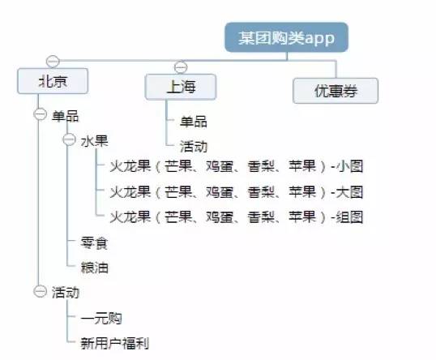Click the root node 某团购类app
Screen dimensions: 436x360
coord(286,37)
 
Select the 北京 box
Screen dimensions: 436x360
coord(53,81)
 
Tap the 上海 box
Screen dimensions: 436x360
coord(181,87)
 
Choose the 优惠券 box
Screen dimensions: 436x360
coord(336,91)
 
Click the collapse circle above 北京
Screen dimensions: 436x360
coord(53,61)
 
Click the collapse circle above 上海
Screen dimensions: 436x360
coord(181,67)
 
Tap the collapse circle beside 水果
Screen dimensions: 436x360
coord(69,139)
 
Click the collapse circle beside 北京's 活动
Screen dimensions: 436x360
coord(41,291)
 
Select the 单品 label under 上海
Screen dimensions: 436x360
coord(194,122)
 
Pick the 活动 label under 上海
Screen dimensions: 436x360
coord(194,146)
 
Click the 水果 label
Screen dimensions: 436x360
coord(94,141)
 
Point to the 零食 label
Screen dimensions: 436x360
coord(94,243)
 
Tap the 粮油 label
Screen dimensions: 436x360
coord(94,268)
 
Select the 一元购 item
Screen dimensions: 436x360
coord(101,319)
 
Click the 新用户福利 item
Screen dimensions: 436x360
coord(115,343)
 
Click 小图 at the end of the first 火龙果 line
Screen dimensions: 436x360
coord(349,166)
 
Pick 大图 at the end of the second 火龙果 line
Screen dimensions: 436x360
coord(349,192)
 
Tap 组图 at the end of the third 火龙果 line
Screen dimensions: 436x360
coord(349,217)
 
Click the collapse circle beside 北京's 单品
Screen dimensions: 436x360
coord(41,114)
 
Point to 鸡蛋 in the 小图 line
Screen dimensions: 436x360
coord(220,166)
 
